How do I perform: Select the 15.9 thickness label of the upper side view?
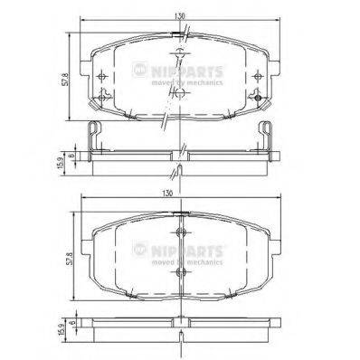[61, 159]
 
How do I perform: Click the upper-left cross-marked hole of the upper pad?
[107, 76]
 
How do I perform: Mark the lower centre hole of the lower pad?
[182, 272]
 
